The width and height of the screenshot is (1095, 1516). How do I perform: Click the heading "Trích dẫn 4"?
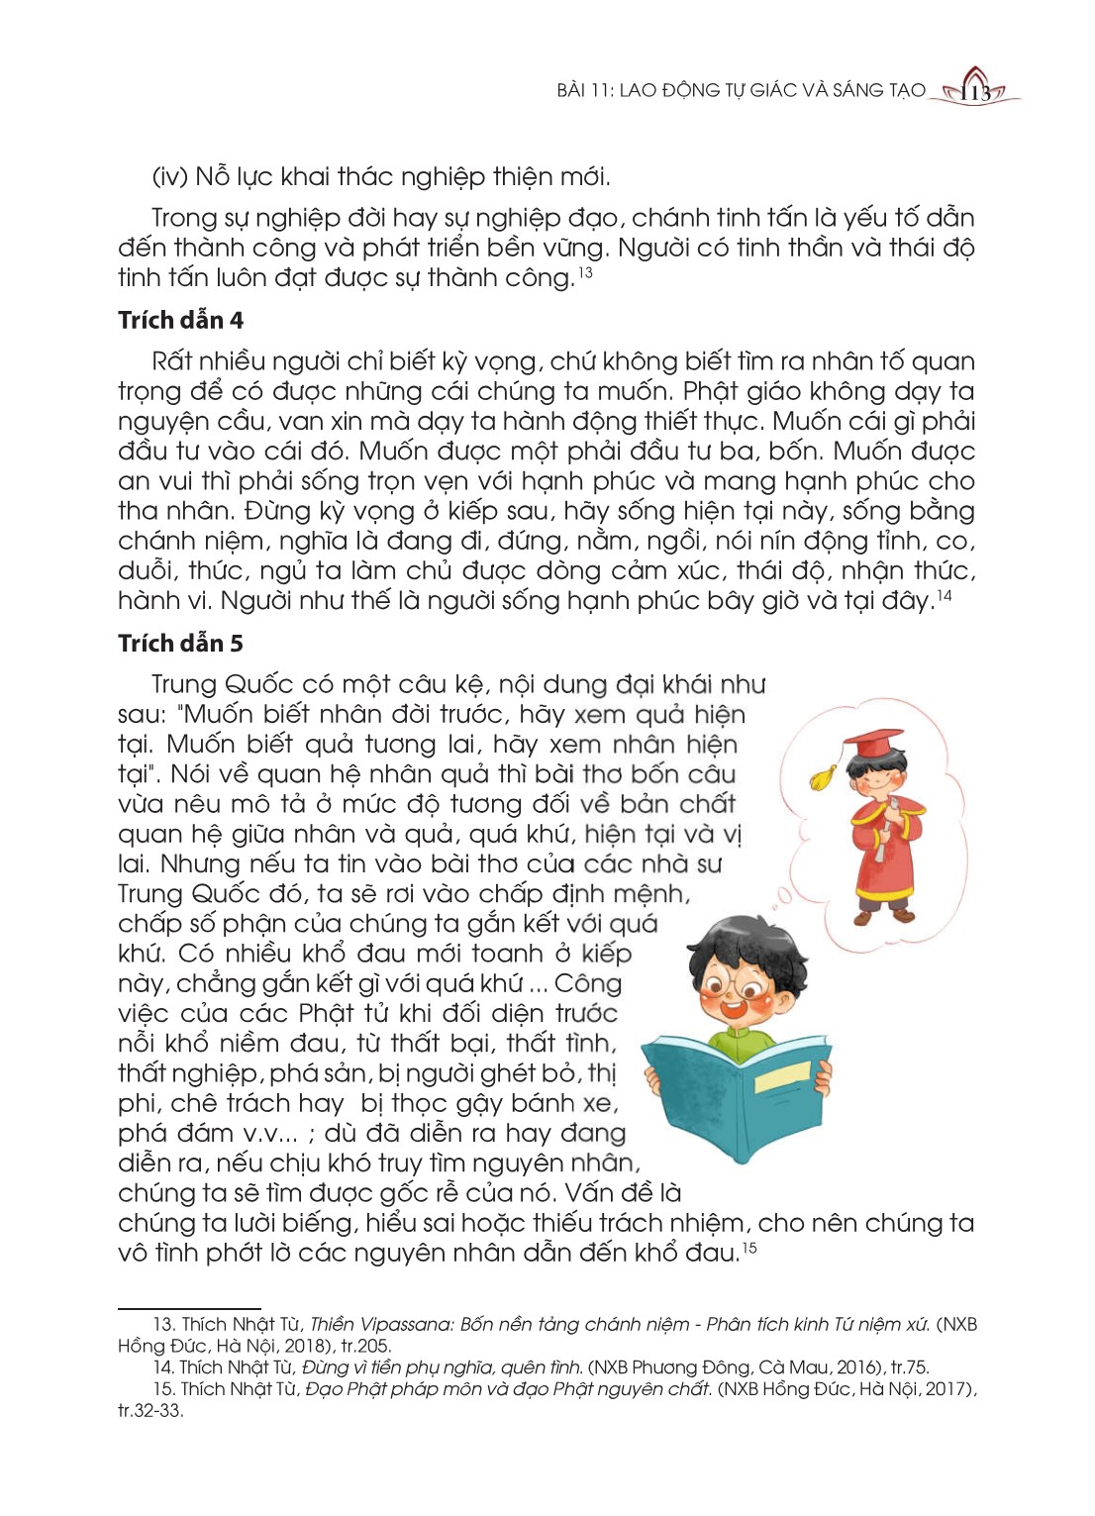[x=180, y=320]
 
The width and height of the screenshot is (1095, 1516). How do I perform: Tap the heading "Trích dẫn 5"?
[x=180, y=643]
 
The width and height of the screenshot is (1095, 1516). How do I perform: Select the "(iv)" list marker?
[x=170, y=177]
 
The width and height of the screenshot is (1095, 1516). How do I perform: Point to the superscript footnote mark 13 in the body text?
[x=586, y=271]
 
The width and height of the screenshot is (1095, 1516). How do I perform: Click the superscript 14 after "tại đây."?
[x=945, y=595]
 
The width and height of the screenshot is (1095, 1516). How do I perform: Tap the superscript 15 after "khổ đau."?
[x=749, y=1248]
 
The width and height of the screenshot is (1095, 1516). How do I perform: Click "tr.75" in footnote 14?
[x=907, y=1367]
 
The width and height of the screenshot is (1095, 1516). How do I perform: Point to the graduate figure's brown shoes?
[x=880, y=916]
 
